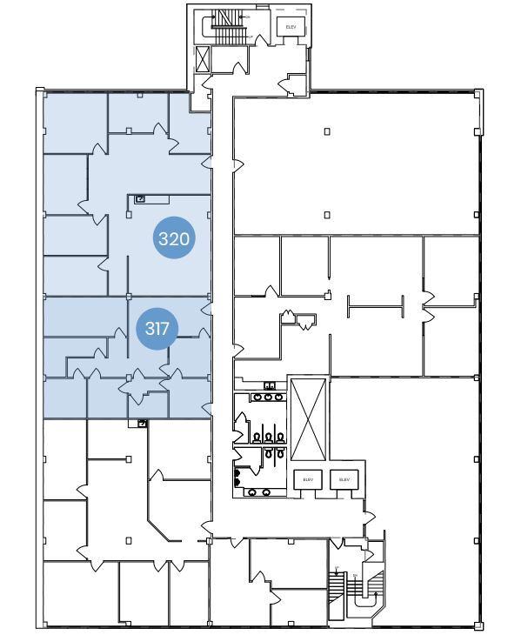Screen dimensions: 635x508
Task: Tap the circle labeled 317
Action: (x=157, y=329)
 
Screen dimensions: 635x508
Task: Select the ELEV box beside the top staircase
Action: (x=291, y=28)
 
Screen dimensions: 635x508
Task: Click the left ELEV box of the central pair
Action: (x=307, y=478)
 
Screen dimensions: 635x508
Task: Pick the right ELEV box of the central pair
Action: (x=344, y=478)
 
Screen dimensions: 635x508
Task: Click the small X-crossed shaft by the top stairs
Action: (x=203, y=59)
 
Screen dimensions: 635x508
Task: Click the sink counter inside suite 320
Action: (x=145, y=199)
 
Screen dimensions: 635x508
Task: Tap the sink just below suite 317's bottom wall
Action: (x=142, y=424)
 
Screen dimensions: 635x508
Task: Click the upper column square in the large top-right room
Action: (x=327, y=131)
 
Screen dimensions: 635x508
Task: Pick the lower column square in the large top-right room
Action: (x=327, y=214)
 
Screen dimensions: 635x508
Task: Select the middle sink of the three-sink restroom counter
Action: (x=268, y=398)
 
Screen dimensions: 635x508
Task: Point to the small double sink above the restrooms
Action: (x=270, y=385)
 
